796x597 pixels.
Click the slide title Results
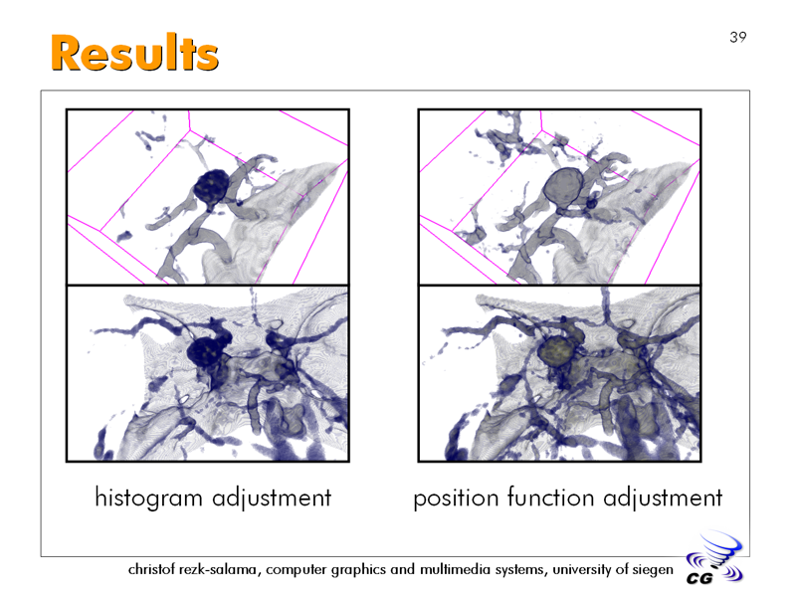click(x=134, y=53)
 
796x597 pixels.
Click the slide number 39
click(x=738, y=37)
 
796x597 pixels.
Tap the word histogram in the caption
click(x=148, y=497)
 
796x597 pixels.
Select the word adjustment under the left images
click(x=272, y=497)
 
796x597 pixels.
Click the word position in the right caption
click(x=456, y=498)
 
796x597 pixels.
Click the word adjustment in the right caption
click(x=663, y=497)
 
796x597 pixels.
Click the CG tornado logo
click(x=714, y=557)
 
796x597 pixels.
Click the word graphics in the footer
click(x=358, y=570)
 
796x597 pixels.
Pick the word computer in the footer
click(x=297, y=570)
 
